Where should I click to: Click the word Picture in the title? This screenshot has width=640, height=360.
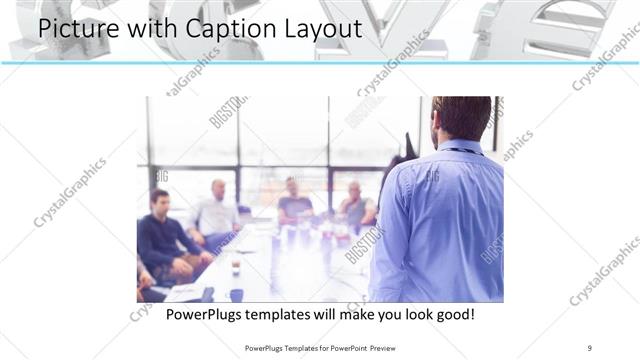point(79,29)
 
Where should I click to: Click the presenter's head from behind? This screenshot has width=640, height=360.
point(461,115)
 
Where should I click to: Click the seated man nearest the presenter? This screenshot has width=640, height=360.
point(355,205)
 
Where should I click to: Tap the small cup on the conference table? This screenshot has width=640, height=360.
point(236,266)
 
